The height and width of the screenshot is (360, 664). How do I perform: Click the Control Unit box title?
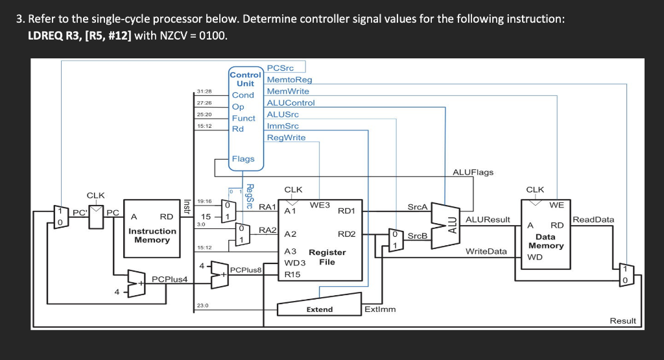245,79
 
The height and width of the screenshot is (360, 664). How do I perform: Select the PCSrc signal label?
280,67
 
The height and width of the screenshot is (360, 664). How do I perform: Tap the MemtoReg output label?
289,79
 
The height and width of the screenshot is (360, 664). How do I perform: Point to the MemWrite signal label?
288,91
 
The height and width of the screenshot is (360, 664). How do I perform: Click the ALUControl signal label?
290,102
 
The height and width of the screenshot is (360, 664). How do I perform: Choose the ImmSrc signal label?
283,126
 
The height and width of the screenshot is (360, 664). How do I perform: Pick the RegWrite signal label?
286,138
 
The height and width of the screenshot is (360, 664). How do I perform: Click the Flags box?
243,159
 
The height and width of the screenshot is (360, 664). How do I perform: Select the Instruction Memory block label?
152,235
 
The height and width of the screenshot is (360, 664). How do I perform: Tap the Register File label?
327,257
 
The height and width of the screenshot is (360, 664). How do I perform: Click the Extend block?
319,309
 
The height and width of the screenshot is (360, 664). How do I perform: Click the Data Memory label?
545,241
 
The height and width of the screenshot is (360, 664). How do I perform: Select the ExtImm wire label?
380,309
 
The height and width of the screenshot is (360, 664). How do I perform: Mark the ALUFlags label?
473,172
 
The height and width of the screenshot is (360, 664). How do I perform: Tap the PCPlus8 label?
246,269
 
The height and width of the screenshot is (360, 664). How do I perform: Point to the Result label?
622,320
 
